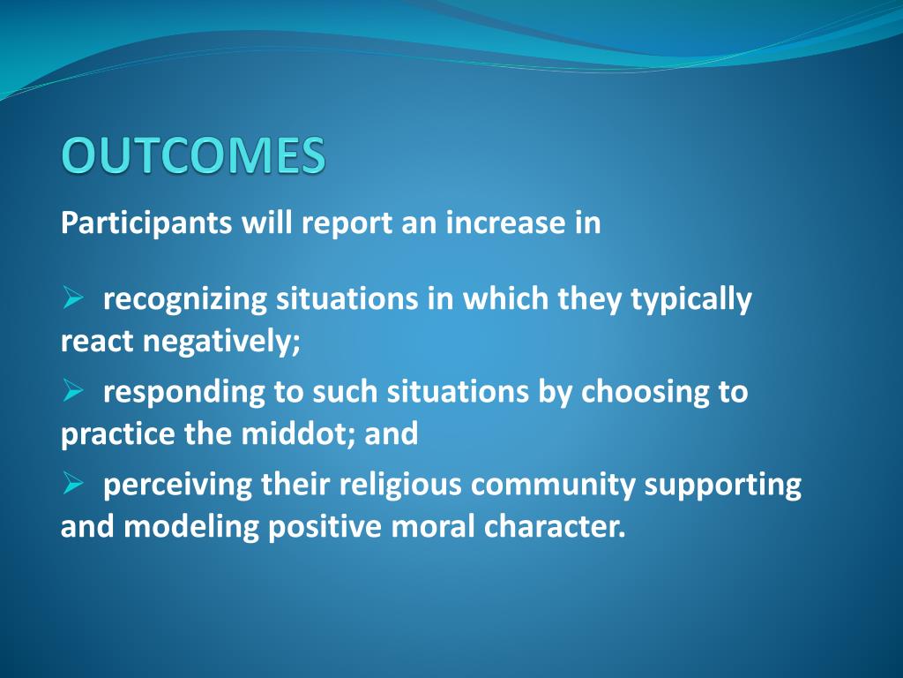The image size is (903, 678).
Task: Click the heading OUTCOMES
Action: pos(193,156)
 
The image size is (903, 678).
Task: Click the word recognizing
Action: pos(185,300)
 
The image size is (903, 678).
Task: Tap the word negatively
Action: pos(227,342)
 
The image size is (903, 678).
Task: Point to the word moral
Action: pos(431,526)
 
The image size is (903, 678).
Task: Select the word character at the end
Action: pos(555,526)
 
